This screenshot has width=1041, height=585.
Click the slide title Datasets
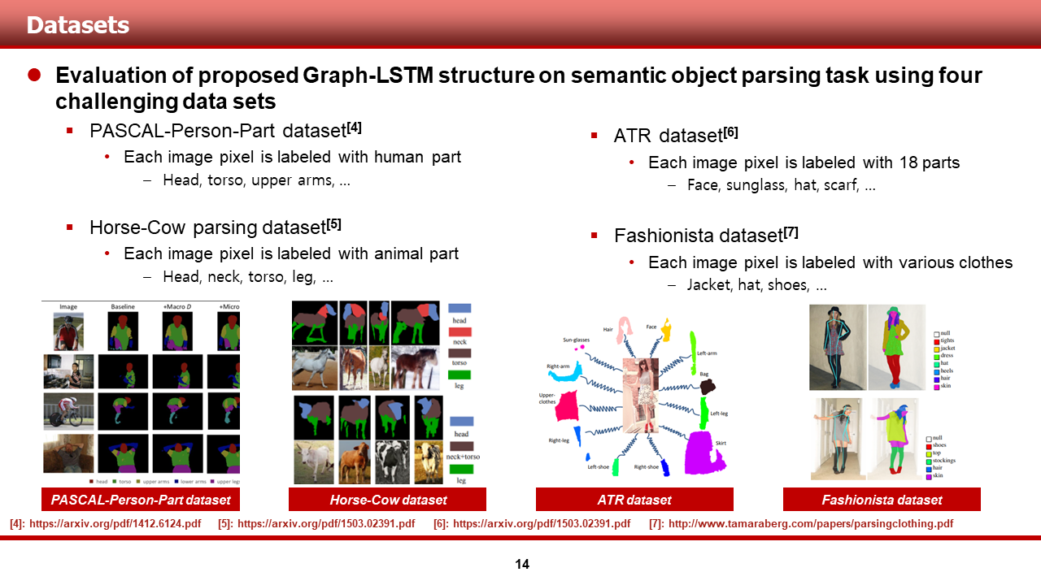click(78, 25)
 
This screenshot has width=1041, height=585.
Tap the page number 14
click(522, 564)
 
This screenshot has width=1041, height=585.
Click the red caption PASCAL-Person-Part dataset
click(141, 500)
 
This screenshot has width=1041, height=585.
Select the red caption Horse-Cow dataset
click(388, 500)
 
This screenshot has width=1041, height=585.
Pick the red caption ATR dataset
click(634, 500)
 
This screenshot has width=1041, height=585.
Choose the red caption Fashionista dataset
click(882, 500)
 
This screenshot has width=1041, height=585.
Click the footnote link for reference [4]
click(115, 524)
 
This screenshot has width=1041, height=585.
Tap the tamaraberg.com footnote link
click(810, 524)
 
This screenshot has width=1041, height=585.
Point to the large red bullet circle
click(34, 76)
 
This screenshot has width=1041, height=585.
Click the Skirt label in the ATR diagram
click(721, 444)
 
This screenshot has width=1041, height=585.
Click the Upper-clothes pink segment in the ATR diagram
click(566, 406)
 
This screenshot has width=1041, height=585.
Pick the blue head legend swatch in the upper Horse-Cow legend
click(460, 309)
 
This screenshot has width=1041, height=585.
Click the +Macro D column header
click(178, 307)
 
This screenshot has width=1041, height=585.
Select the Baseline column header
click(124, 307)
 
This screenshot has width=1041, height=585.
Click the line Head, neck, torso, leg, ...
click(247, 277)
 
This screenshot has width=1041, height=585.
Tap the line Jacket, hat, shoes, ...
click(756, 285)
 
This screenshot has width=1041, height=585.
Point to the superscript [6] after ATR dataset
click(731, 132)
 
